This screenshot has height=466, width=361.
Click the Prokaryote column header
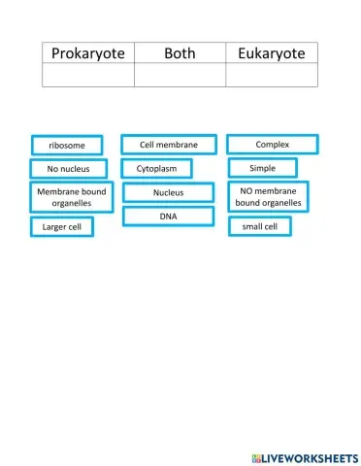tap(88, 53)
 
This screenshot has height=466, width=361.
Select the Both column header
tap(180, 53)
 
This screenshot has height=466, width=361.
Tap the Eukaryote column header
tap(271, 53)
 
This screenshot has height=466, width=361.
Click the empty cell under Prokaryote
tap(88, 76)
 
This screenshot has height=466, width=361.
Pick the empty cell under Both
tap(180, 76)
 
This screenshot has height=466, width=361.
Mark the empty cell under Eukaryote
tap(271, 76)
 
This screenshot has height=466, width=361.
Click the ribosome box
tap(61, 146)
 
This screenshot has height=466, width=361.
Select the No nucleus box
tap(61, 169)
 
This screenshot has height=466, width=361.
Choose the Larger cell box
tap(62, 227)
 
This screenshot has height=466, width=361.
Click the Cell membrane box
tap(169, 145)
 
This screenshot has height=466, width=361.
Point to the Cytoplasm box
tap(157, 169)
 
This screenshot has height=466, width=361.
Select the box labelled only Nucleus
tap(169, 193)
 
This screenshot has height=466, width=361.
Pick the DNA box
tap(169, 216)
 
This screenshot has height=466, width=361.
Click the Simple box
tap(262, 168)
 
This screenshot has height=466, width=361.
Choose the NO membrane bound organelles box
tap(268, 197)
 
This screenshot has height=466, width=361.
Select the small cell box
tap(260, 227)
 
